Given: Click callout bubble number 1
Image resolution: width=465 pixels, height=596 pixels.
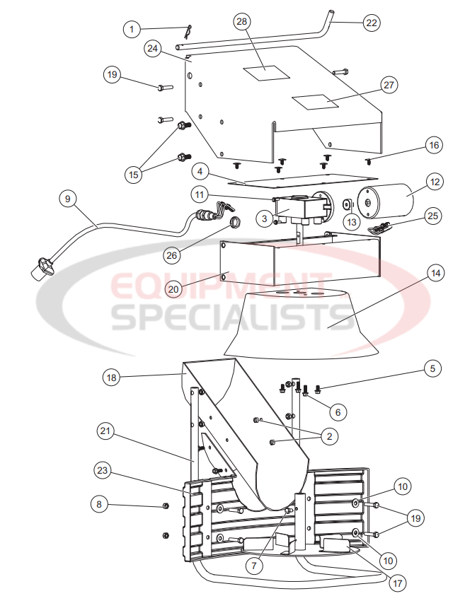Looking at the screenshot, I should pyautogui.click(x=131, y=29).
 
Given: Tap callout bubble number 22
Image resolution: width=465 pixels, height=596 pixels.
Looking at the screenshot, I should pyautogui.click(x=371, y=22).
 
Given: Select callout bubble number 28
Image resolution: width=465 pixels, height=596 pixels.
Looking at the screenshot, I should pyautogui.click(x=243, y=22).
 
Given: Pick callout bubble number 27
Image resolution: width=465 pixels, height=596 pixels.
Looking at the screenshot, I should pyautogui.click(x=388, y=86).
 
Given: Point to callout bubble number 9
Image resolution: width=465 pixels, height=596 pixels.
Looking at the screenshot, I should pyautogui.click(x=67, y=200).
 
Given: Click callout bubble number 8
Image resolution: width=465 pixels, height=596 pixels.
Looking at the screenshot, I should pyautogui.click(x=100, y=504).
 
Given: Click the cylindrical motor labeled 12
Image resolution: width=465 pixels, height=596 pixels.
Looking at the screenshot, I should pyautogui.click(x=386, y=201).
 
